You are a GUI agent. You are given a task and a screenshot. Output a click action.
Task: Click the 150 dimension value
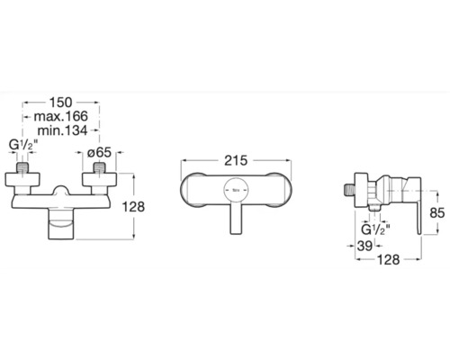pos(61,103)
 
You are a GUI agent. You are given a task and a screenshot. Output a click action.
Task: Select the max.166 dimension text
pos(61,116)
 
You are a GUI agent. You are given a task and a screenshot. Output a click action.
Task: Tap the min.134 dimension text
pos(63,130)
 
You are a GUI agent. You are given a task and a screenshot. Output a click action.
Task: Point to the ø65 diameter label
pos(99,153)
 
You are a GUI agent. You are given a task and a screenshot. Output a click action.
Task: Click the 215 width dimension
pos(236,160)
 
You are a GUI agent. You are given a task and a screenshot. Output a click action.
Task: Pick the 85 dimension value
pos(437,213)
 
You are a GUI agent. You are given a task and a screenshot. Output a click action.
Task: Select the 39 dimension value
pos(364,246)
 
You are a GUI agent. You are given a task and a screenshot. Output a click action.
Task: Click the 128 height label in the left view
pos(133,207)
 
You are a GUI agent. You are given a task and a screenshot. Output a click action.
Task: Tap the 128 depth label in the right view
pos(389,260)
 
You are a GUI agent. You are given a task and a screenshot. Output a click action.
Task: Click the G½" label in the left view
pos(23,145)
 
